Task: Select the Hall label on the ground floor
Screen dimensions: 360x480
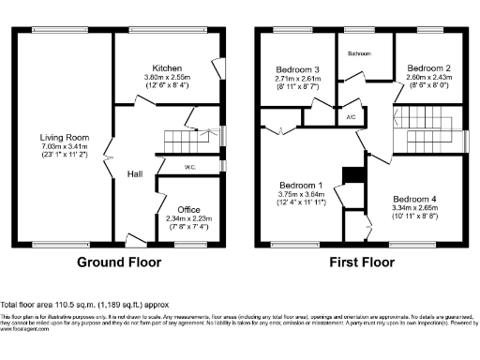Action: [x=135, y=173]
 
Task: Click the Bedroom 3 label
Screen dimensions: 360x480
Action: [x=297, y=69]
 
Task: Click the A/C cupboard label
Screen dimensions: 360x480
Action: [x=350, y=117]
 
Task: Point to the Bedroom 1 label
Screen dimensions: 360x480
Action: [x=300, y=185]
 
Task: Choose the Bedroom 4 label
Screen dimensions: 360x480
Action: [x=415, y=200]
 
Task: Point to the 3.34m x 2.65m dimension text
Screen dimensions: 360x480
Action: [x=415, y=210]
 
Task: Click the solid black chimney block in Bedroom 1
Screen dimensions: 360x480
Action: [x=351, y=176]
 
